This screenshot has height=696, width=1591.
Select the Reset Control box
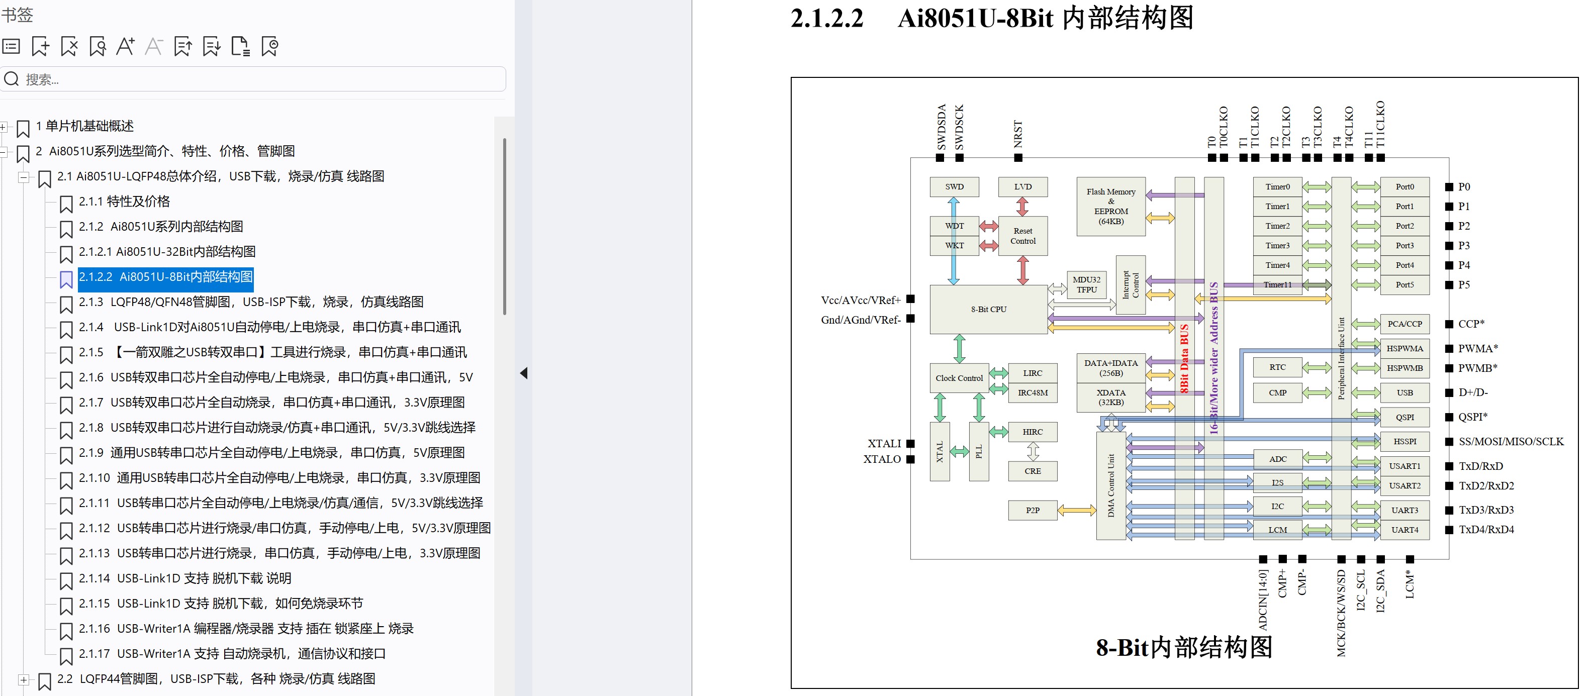pyautogui.click(x=1023, y=236)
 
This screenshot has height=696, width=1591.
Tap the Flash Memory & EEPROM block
pyautogui.click(x=1110, y=206)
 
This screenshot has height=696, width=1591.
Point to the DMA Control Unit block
pyautogui.click(x=1110, y=485)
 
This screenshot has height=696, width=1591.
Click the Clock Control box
pyautogui.click(x=959, y=378)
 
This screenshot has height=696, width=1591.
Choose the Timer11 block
pyautogui.click(x=1277, y=285)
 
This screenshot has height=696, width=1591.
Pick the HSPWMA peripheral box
pyautogui.click(x=1405, y=348)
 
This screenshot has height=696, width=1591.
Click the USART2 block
pyautogui.click(x=1405, y=486)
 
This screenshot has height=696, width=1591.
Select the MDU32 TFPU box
pyautogui.click(x=1086, y=285)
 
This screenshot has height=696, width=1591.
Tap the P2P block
pyautogui.click(x=1032, y=510)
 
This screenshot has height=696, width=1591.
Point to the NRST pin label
pyautogui.click(x=1018, y=134)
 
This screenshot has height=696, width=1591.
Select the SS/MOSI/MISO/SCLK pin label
pyautogui.click(x=1511, y=442)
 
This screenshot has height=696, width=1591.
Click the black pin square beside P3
pyautogui.click(x=1449, y=246)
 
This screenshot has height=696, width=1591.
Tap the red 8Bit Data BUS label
pyautogui.click(x=1184, y=358)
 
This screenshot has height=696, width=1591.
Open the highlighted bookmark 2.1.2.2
pyautogui.click(x=165, y=277)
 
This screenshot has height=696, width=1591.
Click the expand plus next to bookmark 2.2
pyautogui.click(x=23, y=680)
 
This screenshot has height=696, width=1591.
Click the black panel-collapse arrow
pyautogui.click(x=524, y=373)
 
